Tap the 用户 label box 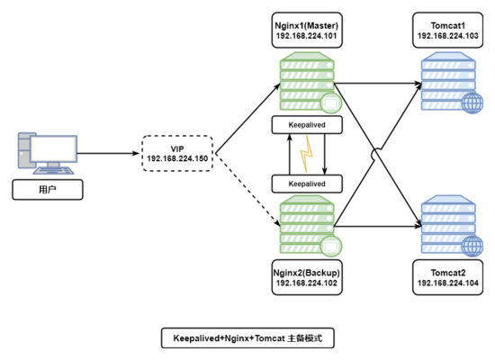click(x=47, y=190)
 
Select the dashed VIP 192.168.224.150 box click(x=177, y=154)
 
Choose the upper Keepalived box click(x=306, y=126)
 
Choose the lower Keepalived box click(x=306, y=184)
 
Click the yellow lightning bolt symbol click(x=308, y=155)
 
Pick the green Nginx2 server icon click(x=306, y=228)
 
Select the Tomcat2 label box click(x=446, y=275)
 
